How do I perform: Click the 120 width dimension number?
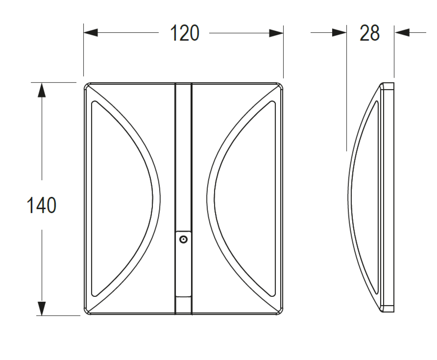tap(185, 33)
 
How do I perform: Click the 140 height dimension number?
tap(41, 205)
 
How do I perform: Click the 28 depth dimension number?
tap(370, 33)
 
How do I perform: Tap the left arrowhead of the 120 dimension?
tap(91, 33)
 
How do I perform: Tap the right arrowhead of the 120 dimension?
tap(276, 33)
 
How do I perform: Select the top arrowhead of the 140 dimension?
tap(42, 90)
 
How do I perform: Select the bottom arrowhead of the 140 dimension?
tap(42, 308)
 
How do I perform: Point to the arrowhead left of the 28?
tap(339, 33)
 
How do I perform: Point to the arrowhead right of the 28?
tap(402, 33)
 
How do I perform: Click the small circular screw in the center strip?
tap(183, 239)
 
